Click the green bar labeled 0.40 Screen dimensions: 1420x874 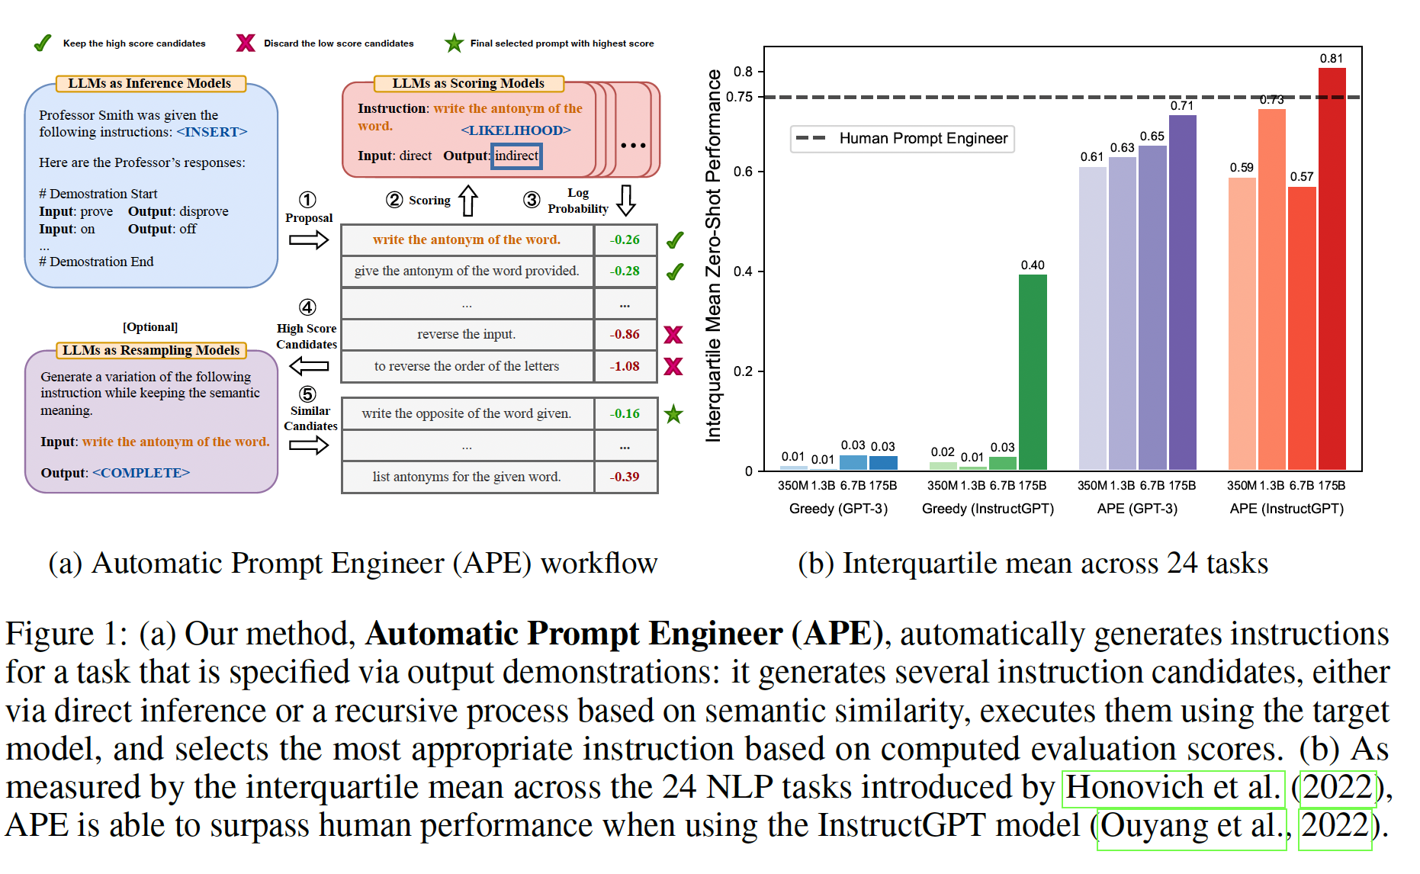point(1033,372)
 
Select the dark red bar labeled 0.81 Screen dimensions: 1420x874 point(1332,269)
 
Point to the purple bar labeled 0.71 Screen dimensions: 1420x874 point(1182,293)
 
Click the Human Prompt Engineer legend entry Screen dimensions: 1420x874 point(902,138)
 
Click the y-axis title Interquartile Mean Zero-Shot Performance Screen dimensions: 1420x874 point(713,255)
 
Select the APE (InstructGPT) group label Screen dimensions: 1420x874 point(1287,509)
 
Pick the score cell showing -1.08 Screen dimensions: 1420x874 point(625,366)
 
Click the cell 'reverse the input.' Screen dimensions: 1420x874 point(467,334)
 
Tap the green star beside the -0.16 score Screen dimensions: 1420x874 point(673,414)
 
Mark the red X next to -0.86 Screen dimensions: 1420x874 point(673,335)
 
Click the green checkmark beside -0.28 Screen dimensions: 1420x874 point(675,272)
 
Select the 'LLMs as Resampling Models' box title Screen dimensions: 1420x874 point(151,350)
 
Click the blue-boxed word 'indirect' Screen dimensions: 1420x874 point(516,156)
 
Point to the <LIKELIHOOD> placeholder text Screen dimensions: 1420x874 point(516,130)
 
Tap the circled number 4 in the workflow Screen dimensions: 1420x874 point(307,307)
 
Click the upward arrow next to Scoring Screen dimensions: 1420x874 point(468,201)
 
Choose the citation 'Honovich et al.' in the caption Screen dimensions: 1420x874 point(1173,788)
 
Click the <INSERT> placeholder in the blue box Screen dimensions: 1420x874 point(212,132)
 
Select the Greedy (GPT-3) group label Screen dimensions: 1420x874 point(838,509)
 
